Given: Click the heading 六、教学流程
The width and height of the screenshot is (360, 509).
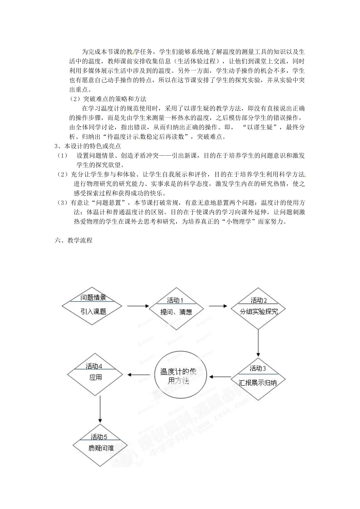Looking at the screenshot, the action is [x=74, y=240].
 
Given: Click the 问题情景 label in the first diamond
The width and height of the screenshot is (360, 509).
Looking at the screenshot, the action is [x=93, y=298].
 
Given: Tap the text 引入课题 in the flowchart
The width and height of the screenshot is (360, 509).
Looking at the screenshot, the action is [x=93, y=312].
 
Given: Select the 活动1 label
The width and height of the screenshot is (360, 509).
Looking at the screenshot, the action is [x=175, y=300].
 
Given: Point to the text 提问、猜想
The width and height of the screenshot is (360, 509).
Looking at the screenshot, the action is [x=176, y=312].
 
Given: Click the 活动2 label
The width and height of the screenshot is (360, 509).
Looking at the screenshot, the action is [x=259, y=300].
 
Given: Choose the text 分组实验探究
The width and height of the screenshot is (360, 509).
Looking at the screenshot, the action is [x=259, y=312].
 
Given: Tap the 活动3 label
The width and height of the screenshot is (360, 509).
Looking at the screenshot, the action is [x=258, y=368].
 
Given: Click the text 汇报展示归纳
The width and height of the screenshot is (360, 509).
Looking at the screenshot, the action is [x=258, y=382].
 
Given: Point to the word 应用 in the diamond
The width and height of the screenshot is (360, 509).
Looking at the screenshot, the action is [x=95, y=378].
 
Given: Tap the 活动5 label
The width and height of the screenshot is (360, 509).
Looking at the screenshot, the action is [x=99, y=436].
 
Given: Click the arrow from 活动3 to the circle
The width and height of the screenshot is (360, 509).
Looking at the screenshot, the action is [x=221, y=376].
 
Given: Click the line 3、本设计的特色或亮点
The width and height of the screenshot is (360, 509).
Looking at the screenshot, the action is [x=88, y=146].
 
